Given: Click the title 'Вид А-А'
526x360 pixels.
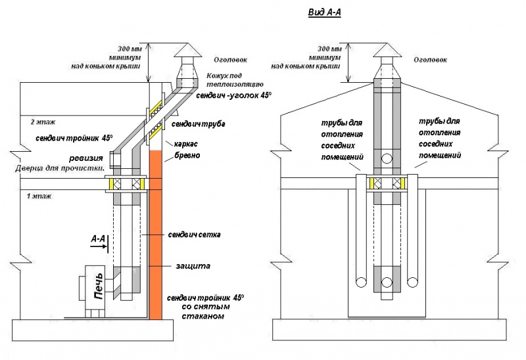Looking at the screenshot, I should click(x=325, y=12).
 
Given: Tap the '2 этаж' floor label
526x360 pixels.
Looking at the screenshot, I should click(x=41, y=122).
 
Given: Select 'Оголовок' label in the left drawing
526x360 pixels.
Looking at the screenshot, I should click(x=226, y=60).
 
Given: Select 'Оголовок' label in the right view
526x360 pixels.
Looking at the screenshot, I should click(x=431, y=60).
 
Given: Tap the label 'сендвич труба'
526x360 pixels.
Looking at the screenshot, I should click(x=191, y=124).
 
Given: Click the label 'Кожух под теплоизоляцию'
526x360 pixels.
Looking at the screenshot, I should click(x=235, y=81).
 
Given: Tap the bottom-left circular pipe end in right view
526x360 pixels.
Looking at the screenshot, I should click(x=360, y=282).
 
